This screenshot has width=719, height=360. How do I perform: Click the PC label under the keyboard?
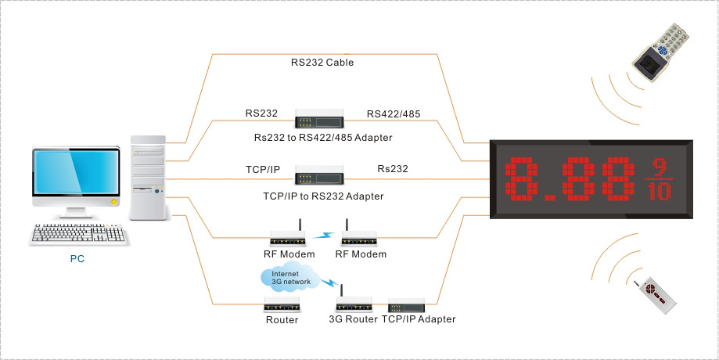77,257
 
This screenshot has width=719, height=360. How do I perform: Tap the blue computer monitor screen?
76,176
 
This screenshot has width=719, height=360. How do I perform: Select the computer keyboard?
78,233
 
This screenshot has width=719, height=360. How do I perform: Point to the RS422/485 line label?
394,114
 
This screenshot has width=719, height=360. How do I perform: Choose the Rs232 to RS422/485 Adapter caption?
323,138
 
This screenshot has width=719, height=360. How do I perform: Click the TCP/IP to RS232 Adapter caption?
323,196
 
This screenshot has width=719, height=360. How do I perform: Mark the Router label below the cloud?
282,319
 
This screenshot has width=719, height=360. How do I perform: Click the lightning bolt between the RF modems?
324,232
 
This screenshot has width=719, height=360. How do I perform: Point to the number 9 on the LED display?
660,165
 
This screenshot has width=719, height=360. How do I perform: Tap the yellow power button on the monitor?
115,202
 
